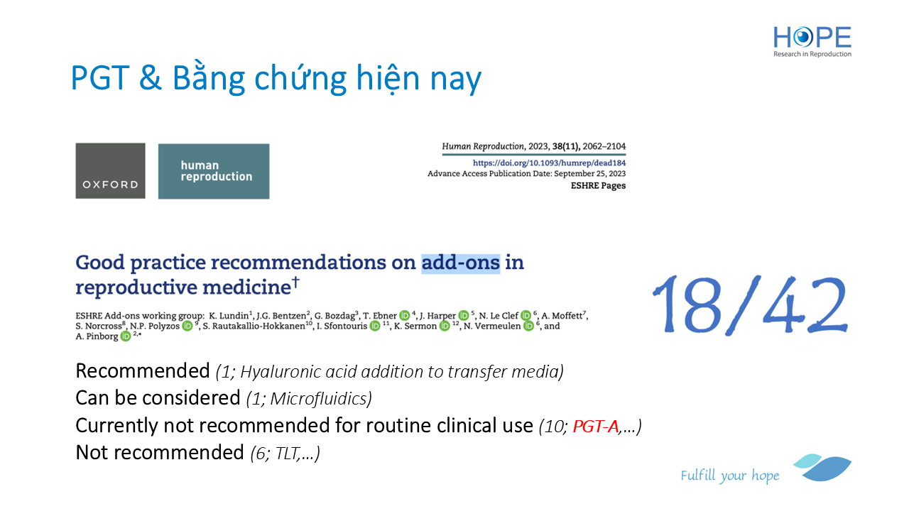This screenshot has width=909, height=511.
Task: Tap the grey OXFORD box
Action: [x=110, y=171]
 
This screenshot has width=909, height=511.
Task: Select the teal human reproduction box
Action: [x=214, y=171]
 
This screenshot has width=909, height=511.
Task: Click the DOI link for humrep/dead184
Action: [x=549, y=163]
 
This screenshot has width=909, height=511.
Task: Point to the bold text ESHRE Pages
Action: [x=598, y=186]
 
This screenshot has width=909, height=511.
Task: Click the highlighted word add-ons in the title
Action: [x=461, y=263]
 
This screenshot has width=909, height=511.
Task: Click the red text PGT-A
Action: [x=595, y=427]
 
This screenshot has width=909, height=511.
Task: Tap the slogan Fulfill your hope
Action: [x=729, y=476]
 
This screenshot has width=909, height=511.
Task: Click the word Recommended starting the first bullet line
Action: [x=143, y=371]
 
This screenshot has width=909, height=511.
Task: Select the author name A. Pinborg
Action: [x=97, y=336]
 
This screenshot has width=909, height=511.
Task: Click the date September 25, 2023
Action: [x=589, y=174]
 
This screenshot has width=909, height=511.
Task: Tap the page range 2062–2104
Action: [x=604, y=146]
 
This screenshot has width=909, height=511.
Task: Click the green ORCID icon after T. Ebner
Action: [x=404, y=316]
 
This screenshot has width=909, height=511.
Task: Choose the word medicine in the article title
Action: [x=246, y=287]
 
